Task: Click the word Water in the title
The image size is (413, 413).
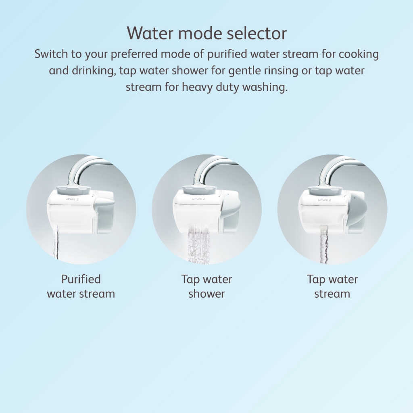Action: point(150,33)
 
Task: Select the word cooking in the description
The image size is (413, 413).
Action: point(359,54)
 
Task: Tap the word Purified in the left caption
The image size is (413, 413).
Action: point(81,280)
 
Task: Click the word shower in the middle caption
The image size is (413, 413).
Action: point(206,294)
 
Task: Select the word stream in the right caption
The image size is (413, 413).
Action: point(332,294)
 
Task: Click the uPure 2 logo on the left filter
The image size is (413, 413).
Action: point(72,199)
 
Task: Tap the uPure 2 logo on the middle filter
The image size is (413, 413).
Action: point(198,199)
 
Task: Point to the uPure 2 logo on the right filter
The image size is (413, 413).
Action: point(325,200)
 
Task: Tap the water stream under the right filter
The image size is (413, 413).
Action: point(323,244)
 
